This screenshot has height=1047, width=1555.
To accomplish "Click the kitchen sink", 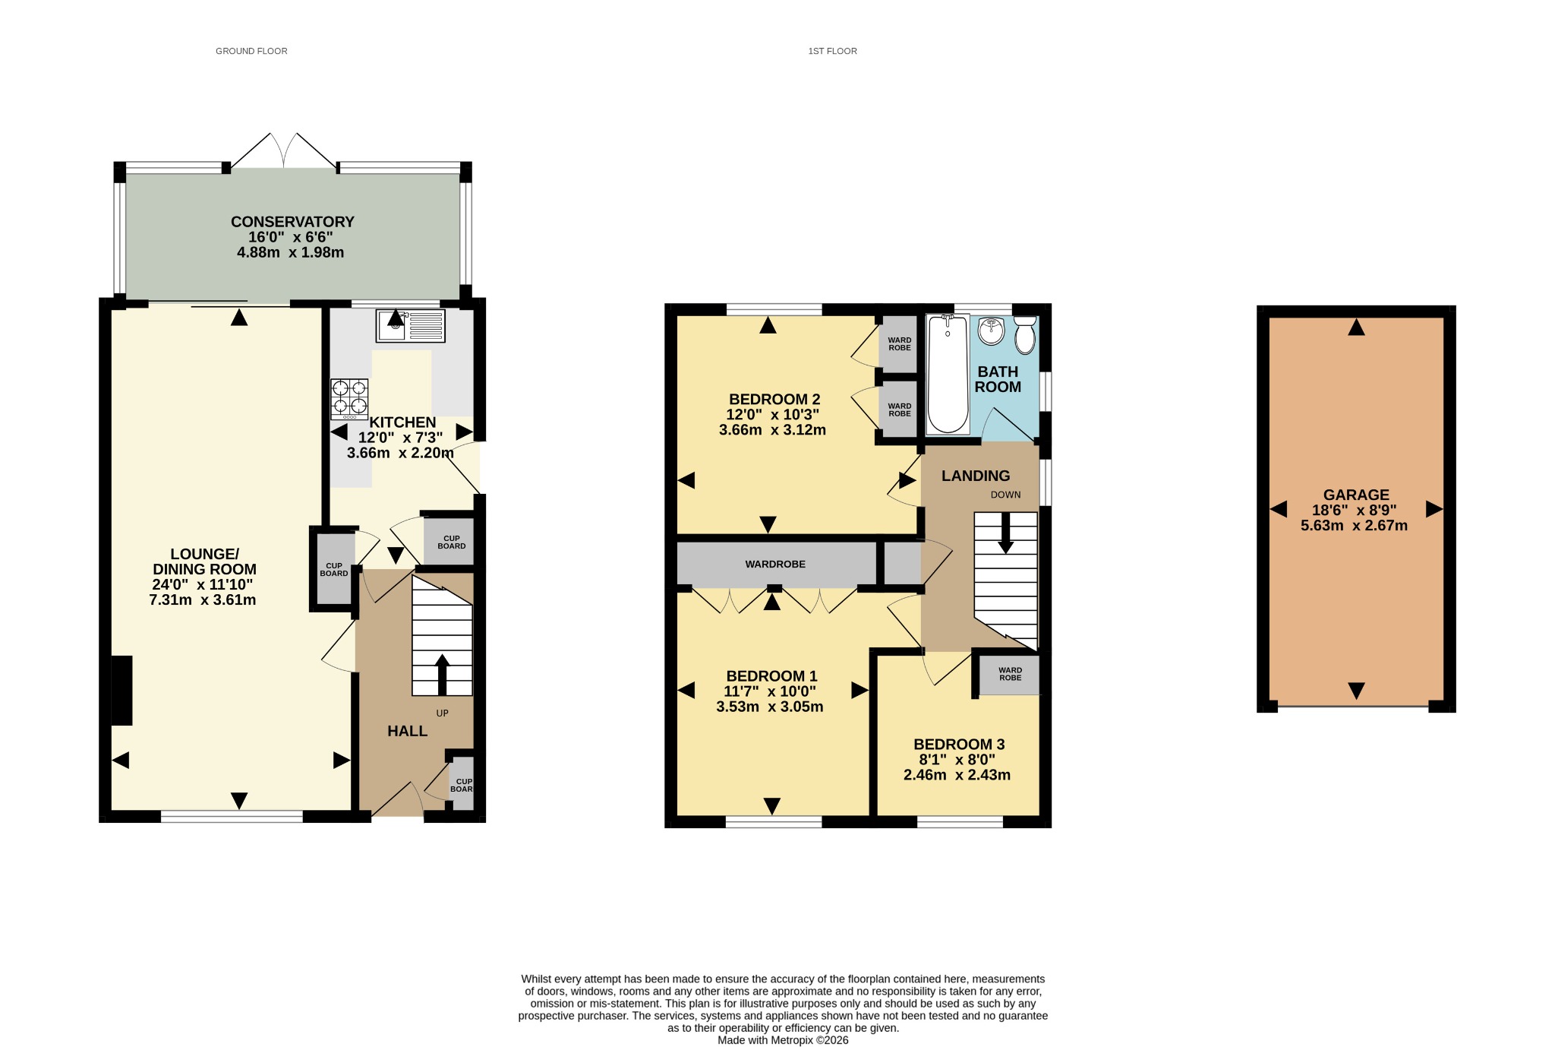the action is (x=410, y=325).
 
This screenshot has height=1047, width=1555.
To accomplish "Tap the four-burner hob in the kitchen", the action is (x=349, y=399).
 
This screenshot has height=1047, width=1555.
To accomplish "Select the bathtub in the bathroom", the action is (x=948, y=374).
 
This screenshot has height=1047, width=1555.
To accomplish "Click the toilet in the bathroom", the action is (x=1025, y=335).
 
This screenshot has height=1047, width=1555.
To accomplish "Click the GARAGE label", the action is (x=1356, y=495).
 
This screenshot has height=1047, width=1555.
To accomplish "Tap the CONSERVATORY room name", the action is (x=292, y=222).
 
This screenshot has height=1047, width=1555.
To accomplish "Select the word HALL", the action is (x=407, y=731).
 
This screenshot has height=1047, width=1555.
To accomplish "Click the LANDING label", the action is (x=976, y=476).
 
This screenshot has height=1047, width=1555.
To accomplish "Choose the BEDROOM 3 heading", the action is (x=959, y=745).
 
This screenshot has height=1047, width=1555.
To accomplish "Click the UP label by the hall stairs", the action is (x=442, y=713).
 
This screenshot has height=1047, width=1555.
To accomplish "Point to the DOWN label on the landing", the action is (x=1005, y=495).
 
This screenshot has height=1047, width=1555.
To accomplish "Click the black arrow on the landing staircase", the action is (x=1005, y=533).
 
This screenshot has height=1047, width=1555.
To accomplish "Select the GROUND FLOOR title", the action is (x=251, y=51).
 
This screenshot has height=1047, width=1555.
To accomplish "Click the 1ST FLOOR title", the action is (x=832, y=51).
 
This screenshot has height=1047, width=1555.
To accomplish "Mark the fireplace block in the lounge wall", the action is (x=121, y=691).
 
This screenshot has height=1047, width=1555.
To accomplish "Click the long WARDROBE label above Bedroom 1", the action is (x=775, y=564).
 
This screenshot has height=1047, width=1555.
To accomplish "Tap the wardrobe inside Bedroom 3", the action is (x=1009, y=675).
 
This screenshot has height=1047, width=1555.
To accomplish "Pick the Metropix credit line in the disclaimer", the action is (x=783, y=1040).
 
